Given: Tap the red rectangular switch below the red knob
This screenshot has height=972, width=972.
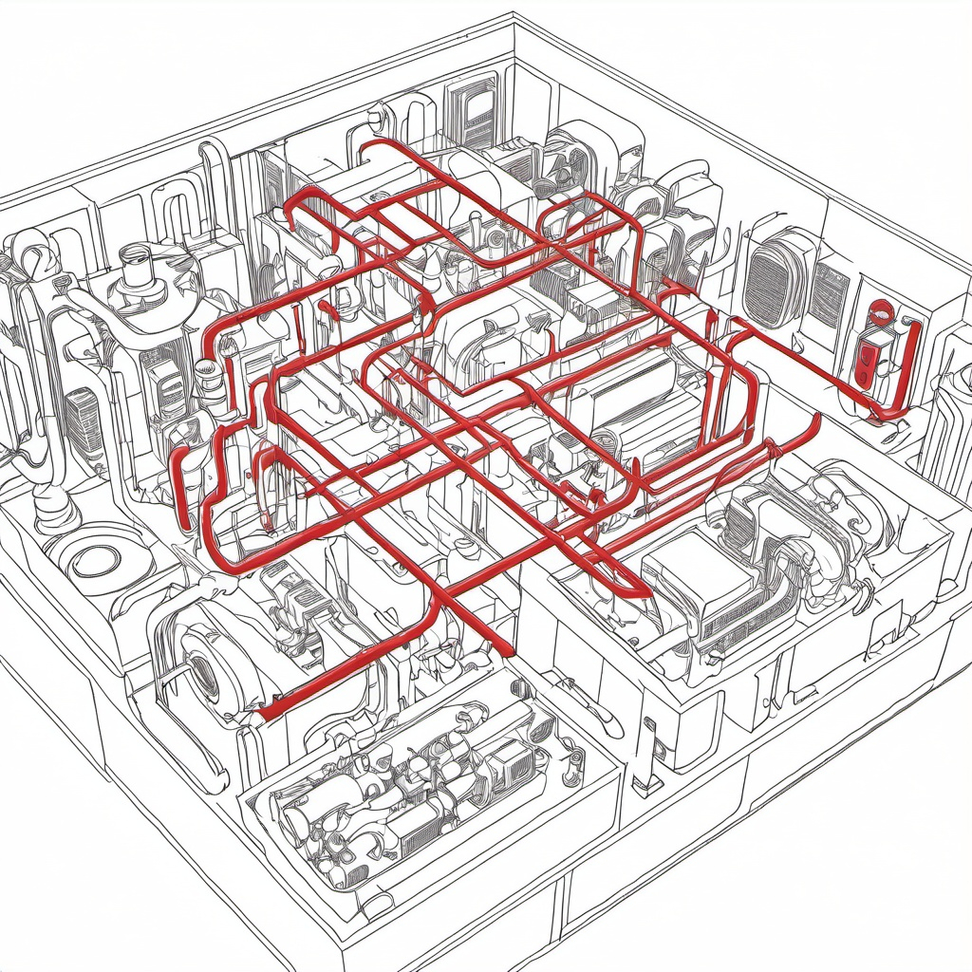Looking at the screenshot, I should [866, 363].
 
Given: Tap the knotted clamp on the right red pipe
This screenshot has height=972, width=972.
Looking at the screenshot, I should [774, 451].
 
